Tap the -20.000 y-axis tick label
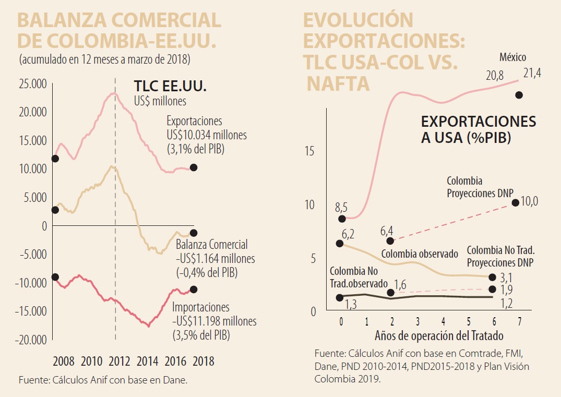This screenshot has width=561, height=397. [x=32, y=340]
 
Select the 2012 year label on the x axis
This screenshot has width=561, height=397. [x=119, y=361]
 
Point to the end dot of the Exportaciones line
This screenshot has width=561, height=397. [x=194, y=167]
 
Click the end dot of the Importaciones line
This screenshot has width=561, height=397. [x=194, y=289]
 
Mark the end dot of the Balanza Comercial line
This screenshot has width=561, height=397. [x=194, y=233]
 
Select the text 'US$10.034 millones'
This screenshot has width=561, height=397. [x=207, y=135]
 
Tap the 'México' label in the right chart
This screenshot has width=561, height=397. [x=512, y=57]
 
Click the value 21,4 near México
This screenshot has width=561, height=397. [x=532, y=74]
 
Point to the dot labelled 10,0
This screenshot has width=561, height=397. [x=515, y=202]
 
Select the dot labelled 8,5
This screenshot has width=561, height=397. [x=342, y=219]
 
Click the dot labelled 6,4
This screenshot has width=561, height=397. [x=390, y=240]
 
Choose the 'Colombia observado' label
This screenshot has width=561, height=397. [x=420, y=254]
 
